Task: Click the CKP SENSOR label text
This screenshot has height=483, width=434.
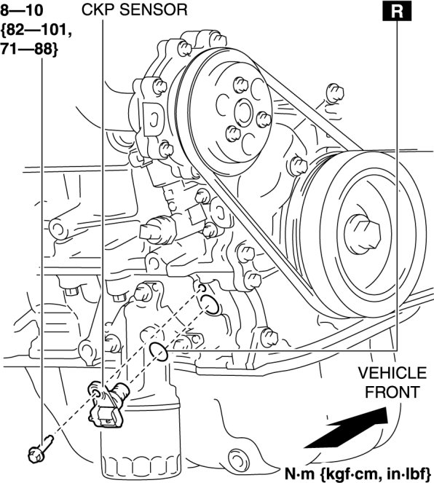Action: click(134, 9)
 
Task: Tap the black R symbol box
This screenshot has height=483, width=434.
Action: click(397, 11)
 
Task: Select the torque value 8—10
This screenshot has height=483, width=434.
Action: click(22, 10)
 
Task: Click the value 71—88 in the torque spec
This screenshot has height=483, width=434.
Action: click(28, 50)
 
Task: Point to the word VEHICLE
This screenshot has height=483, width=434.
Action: click(392, 373)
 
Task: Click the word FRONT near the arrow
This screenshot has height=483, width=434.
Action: click(392, 392)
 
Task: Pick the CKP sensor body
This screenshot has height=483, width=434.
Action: click(108, 404)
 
